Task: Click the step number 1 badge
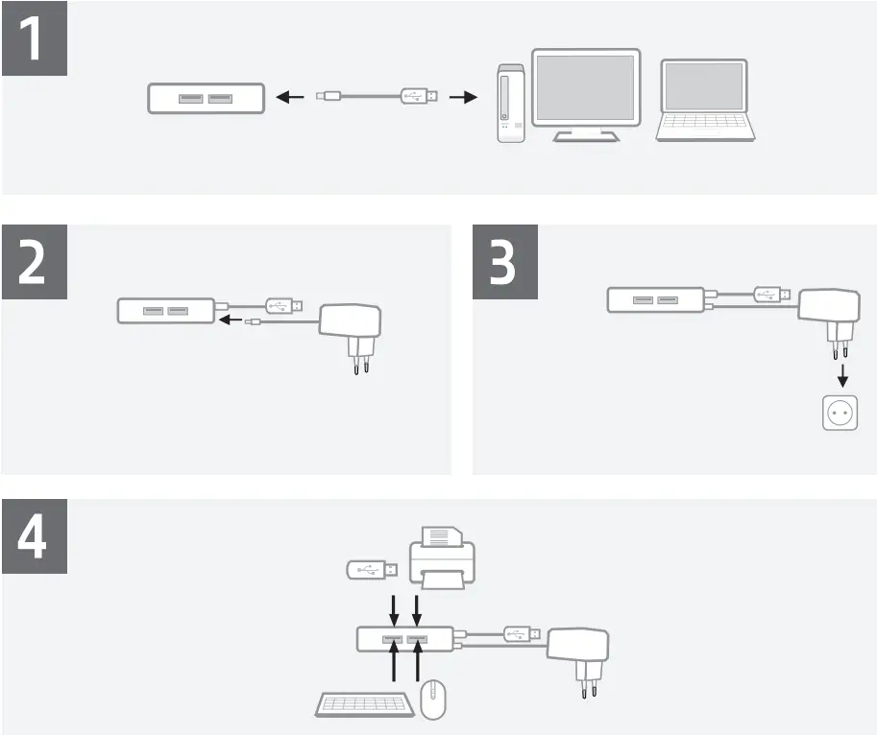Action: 34,38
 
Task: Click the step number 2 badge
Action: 34,263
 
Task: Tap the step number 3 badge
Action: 506,263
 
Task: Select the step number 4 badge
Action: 34,536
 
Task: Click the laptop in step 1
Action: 705,102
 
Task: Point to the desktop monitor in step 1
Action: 585,94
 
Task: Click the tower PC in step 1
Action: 511,104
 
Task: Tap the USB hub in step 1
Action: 206,98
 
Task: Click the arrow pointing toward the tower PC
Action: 464,97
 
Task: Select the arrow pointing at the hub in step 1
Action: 289,97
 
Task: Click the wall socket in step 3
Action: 840,414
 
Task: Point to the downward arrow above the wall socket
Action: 841,371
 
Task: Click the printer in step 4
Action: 443,557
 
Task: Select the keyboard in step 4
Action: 366,706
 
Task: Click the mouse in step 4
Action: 435,700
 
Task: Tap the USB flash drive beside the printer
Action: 366,569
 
